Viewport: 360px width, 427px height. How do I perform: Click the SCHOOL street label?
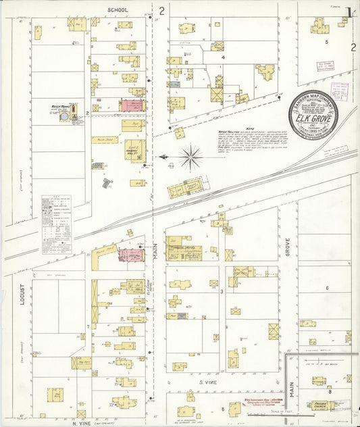[118, 11]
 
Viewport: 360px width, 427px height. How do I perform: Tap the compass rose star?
[192, 158]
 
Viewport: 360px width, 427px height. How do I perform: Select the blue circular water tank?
[63, 117]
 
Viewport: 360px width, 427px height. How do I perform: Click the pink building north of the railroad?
[131, 105]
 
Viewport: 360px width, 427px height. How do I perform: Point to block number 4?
[223, 57]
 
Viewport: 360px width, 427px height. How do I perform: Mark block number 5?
[326, 42]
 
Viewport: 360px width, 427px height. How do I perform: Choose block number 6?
[327, 288]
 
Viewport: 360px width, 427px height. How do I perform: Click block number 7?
[88, 326]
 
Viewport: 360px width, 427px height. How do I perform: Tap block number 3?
[222, 291]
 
